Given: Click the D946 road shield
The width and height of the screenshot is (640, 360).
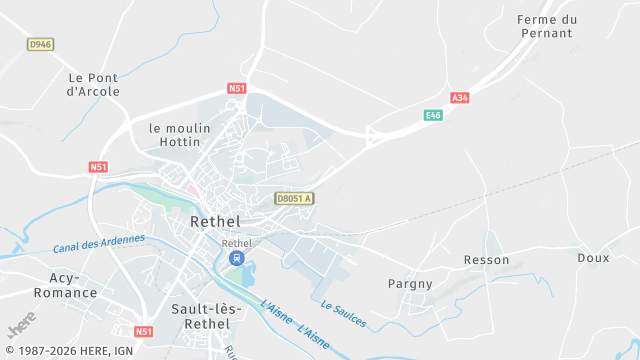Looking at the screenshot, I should tap(40, 44).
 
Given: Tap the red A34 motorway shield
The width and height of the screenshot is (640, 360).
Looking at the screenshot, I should tap(459, 97).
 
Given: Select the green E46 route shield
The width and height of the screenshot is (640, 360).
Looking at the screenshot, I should tap(433, 116).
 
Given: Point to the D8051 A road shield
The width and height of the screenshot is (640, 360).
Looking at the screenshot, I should tap(295, 199).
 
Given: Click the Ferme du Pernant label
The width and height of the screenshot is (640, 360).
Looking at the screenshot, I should tap(547, 26).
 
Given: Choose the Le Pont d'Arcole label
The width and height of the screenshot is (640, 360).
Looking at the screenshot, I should tap(93, 85).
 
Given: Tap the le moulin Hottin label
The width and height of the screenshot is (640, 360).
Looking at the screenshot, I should tap(181, 135).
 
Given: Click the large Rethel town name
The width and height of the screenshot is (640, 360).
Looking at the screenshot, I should tap(213, 222).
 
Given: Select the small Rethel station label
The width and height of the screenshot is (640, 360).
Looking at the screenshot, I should tap(236, 243).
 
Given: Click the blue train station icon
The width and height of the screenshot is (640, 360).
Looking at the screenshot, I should tap(236, 259).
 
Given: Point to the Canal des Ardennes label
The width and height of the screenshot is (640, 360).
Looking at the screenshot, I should tap(99, 243).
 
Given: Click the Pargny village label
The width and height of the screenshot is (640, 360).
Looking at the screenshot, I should tap(410, 284).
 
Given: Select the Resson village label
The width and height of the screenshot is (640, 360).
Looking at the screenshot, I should tap(486, 260).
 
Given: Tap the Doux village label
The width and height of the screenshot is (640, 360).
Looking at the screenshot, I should tap(593, 258).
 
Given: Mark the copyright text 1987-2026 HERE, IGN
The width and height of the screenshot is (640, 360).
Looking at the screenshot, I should tap(69, 351).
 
